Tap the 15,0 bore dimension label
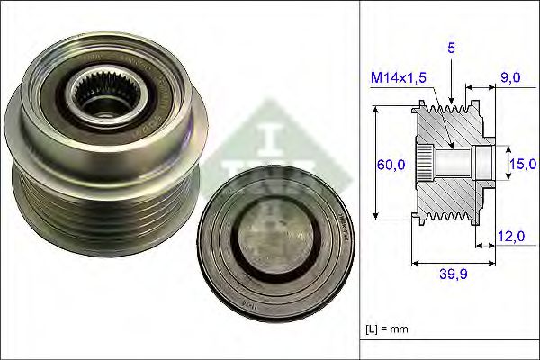click(x=522, y=164)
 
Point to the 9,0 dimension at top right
click(x=510, y=79)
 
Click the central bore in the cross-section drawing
click(x=459, y=164)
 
